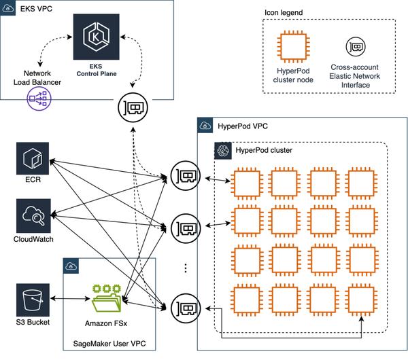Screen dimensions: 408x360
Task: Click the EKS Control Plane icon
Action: [97, 37]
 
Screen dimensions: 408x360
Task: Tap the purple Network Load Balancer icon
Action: [39, 98]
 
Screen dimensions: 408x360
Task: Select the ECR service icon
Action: [33, 158]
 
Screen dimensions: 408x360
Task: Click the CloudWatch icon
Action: [33, 216]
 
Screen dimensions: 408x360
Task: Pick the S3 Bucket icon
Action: [33, 300]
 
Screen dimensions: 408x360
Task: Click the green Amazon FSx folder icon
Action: [106, 298]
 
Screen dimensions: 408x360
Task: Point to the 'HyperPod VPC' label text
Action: [243, 126]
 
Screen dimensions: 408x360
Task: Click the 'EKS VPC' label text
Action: [36, 9]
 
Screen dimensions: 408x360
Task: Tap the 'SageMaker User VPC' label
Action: [109, 344]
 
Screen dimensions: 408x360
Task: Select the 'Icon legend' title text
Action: [284, 12]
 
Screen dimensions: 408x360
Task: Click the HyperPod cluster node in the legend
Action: [293, 46]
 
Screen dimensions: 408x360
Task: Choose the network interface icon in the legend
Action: [356, 47]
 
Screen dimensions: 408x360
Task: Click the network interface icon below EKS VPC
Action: [133, 107]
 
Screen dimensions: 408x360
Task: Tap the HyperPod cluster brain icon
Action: [223, 151]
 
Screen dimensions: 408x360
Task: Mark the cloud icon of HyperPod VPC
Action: [205, 126]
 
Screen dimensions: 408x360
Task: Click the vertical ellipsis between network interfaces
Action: [186, 268]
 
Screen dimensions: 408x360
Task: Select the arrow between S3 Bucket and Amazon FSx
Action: [70, 299]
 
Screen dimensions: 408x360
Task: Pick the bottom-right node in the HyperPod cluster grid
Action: [362, 300]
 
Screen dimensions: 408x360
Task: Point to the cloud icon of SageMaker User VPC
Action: [71, 266]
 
